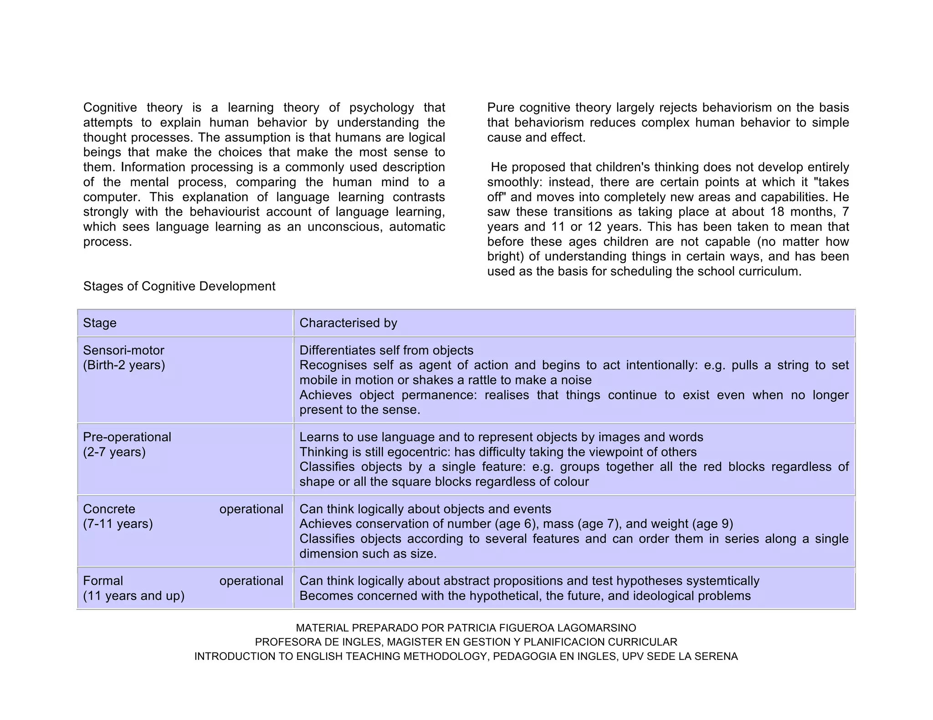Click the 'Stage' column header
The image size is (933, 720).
[x=99, y=323]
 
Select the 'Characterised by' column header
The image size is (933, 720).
[x=348, y=323]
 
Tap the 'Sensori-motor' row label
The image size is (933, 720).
[x=123, y=350]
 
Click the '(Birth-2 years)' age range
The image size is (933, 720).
[x=124, y=365]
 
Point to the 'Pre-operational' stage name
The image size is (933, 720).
[x=127, y=437]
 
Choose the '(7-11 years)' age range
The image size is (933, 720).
[x=118, y=523]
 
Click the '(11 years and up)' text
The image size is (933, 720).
[x=133, y=596]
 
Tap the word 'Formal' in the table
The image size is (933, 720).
[x=103, y=581]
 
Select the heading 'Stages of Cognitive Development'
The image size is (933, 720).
[x=179, y=286]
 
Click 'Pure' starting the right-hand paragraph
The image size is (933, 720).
[x=501, y=108]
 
